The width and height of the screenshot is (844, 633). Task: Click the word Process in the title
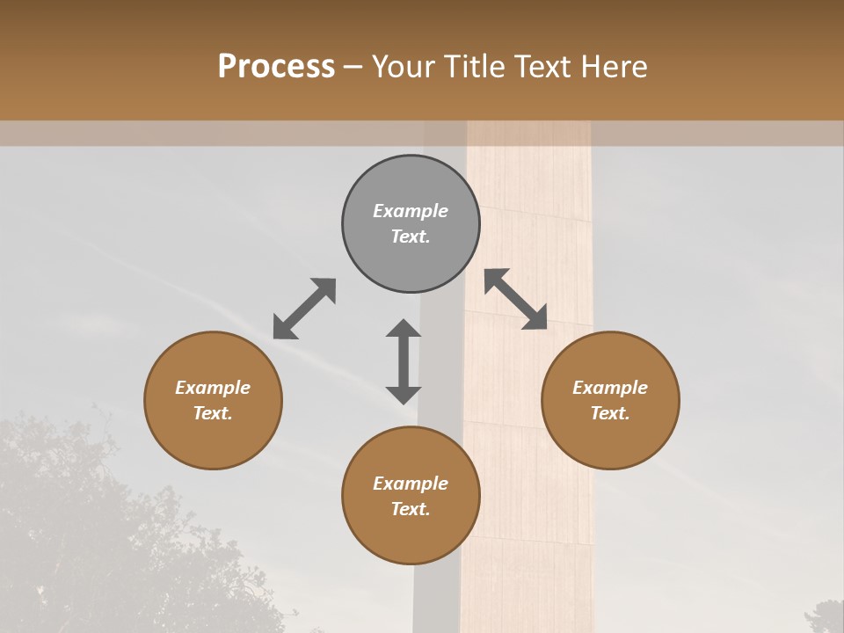coord(276,67)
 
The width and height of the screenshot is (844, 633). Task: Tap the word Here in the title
coord(615,67)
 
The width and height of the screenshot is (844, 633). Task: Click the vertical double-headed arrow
coord(404,361)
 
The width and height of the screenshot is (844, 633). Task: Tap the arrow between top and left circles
coord(304,309)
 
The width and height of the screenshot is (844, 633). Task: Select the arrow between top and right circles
coord(516,299)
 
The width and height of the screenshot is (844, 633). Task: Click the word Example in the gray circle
coord(411,211)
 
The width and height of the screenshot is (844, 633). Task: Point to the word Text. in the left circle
coord(213,413)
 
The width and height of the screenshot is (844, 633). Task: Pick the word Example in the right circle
coord(610,388)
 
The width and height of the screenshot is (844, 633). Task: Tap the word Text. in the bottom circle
coord(411,509)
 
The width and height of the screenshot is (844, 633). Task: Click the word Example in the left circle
coord(213,388)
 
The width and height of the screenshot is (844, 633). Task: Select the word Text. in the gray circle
coord(411,236)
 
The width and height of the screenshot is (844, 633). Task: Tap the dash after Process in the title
coord(353,67)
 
